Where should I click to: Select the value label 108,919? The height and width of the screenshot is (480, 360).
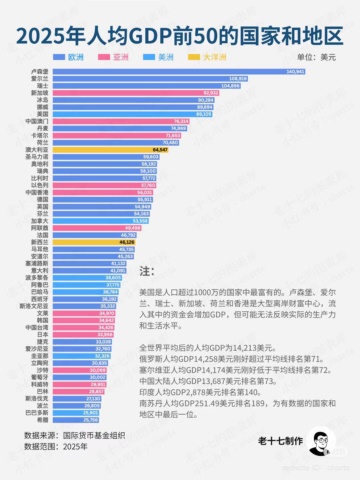coord(238,79)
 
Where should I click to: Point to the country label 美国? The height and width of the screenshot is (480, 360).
coord(42,114)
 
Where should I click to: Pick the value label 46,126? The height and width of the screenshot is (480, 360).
coord(127,242)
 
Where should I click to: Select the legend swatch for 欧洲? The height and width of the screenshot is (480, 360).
coord(59,57)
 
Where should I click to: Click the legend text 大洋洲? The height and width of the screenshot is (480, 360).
coord(215,57)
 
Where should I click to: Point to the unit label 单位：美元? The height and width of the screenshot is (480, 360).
coord(316,57)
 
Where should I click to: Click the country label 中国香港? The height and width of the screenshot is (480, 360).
coord(37,193)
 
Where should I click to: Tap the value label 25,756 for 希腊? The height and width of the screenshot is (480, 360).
coord(90,420)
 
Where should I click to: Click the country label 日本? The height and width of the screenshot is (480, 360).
coord(42,335)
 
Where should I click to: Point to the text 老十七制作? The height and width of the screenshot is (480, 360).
coord(280,441)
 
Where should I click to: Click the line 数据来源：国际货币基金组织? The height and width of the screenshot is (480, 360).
coord(74,435)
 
